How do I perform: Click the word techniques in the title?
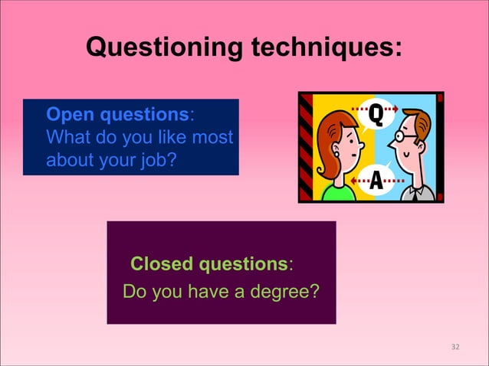(x=322, y=47)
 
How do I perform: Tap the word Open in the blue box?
(x=67, y=115)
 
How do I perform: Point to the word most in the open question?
(x=215, y=139)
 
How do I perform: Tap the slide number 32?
(x=455, y=347)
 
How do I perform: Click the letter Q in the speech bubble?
(x=376, y=116)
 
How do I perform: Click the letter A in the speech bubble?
(x=376, y=181)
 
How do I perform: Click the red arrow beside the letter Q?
(x=399, y=109)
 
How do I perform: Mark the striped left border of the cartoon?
(x=306, y=147)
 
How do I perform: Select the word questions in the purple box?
(x=243, y=264)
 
